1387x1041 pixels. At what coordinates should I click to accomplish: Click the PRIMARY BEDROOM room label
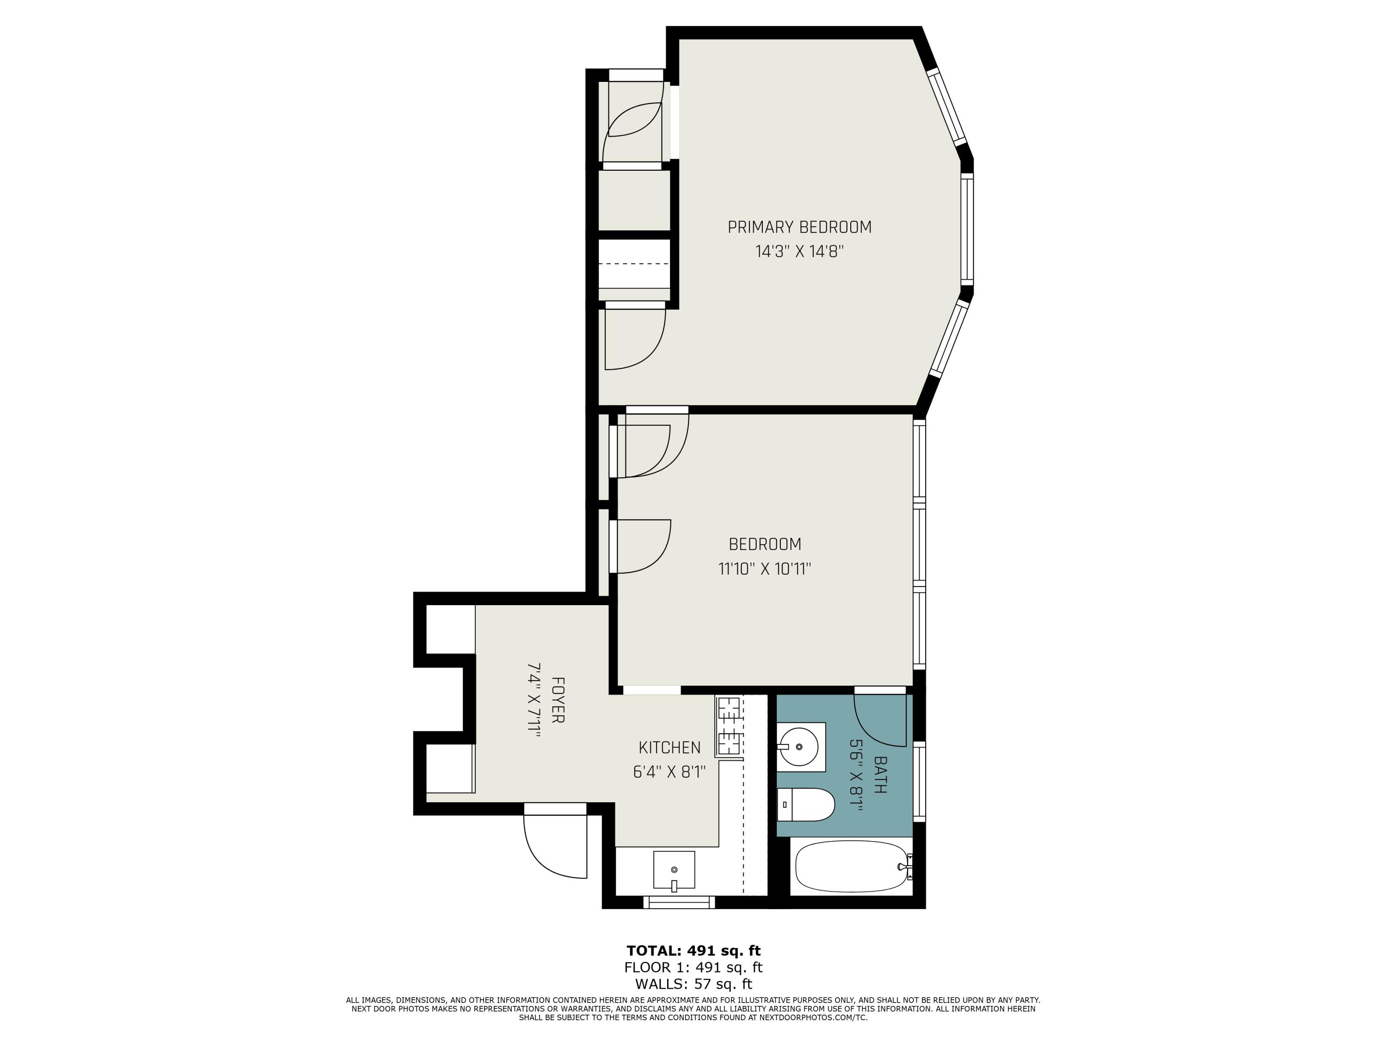click(x=799, y=227)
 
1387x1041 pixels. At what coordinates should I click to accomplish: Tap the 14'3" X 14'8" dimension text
click(x=799, y=252)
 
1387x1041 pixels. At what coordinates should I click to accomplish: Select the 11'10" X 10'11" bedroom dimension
click(x=764, y=569)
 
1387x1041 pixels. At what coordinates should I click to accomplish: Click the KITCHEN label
click(x=669, y=747)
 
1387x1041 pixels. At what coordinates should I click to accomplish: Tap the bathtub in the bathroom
click(x=851, y=867)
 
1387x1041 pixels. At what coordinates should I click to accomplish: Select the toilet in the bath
click(x=806, y=805)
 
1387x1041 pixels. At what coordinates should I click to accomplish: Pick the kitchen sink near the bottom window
click(x=674, y=870)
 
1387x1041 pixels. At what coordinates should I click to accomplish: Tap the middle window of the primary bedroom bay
click(x=968, y=229)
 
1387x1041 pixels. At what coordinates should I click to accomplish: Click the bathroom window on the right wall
click(x=919, y=781)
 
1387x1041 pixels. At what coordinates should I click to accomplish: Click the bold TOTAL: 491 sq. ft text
click(x=693, y=950)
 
